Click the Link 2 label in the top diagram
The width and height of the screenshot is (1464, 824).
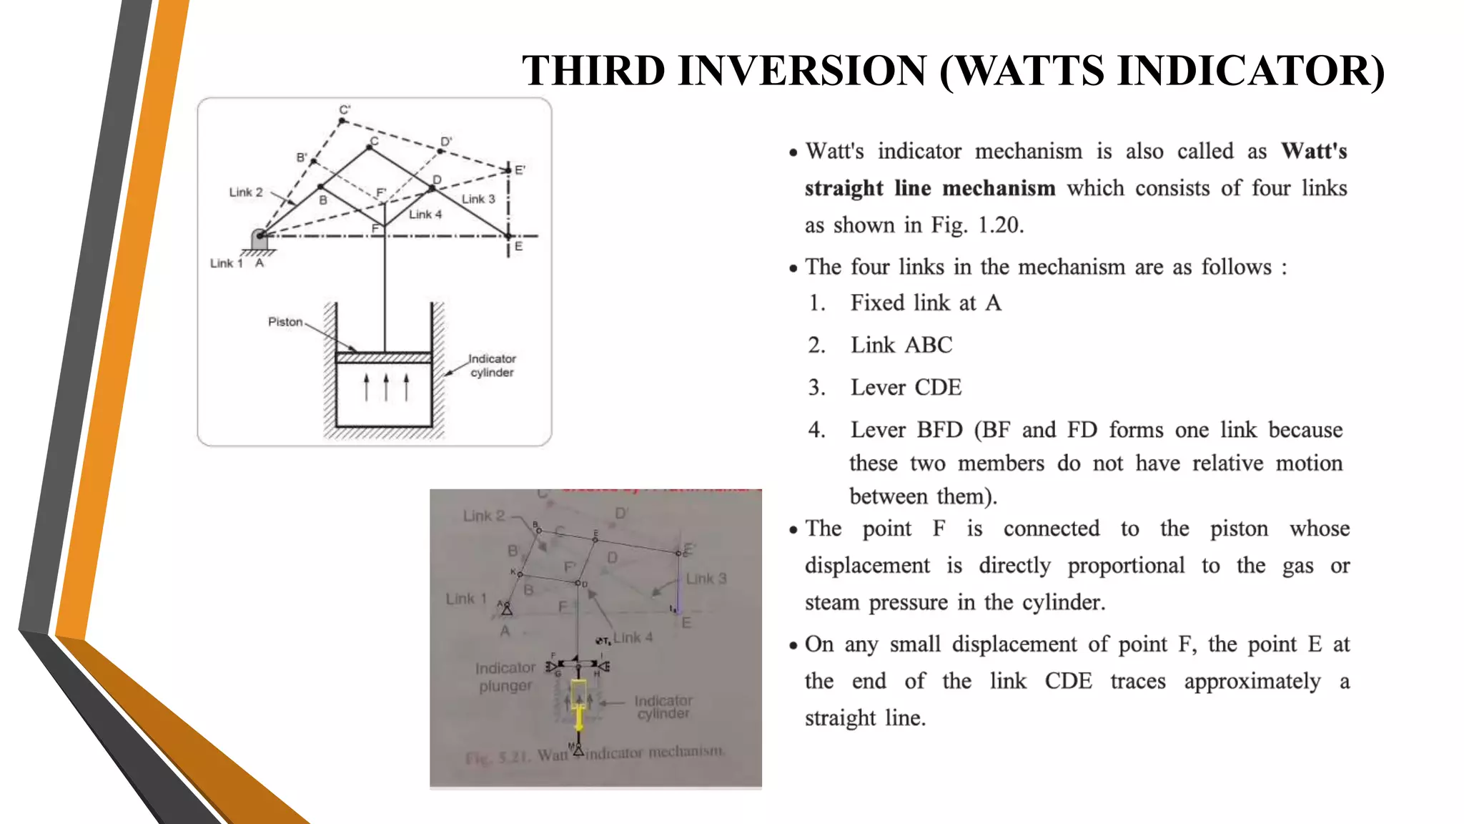245,192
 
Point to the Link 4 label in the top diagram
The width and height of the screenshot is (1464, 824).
425,215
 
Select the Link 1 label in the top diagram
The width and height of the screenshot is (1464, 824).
226,263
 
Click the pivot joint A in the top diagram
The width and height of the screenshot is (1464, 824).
259,235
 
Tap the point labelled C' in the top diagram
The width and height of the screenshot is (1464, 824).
342,121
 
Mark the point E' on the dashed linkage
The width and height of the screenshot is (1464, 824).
508,170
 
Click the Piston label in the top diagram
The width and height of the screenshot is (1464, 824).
285,322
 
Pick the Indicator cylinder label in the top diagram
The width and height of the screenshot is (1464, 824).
492,366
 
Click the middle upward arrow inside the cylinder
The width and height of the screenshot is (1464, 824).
386,387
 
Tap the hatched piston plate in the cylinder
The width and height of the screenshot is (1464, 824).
384,358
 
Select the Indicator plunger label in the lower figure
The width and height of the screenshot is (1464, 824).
505,677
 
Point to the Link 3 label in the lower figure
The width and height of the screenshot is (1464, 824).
706,579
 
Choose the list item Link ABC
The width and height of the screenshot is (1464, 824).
901,345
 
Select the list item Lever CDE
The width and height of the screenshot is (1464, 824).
906,388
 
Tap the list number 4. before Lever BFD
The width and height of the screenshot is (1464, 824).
816,430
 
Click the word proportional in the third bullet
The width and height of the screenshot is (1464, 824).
1126,566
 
